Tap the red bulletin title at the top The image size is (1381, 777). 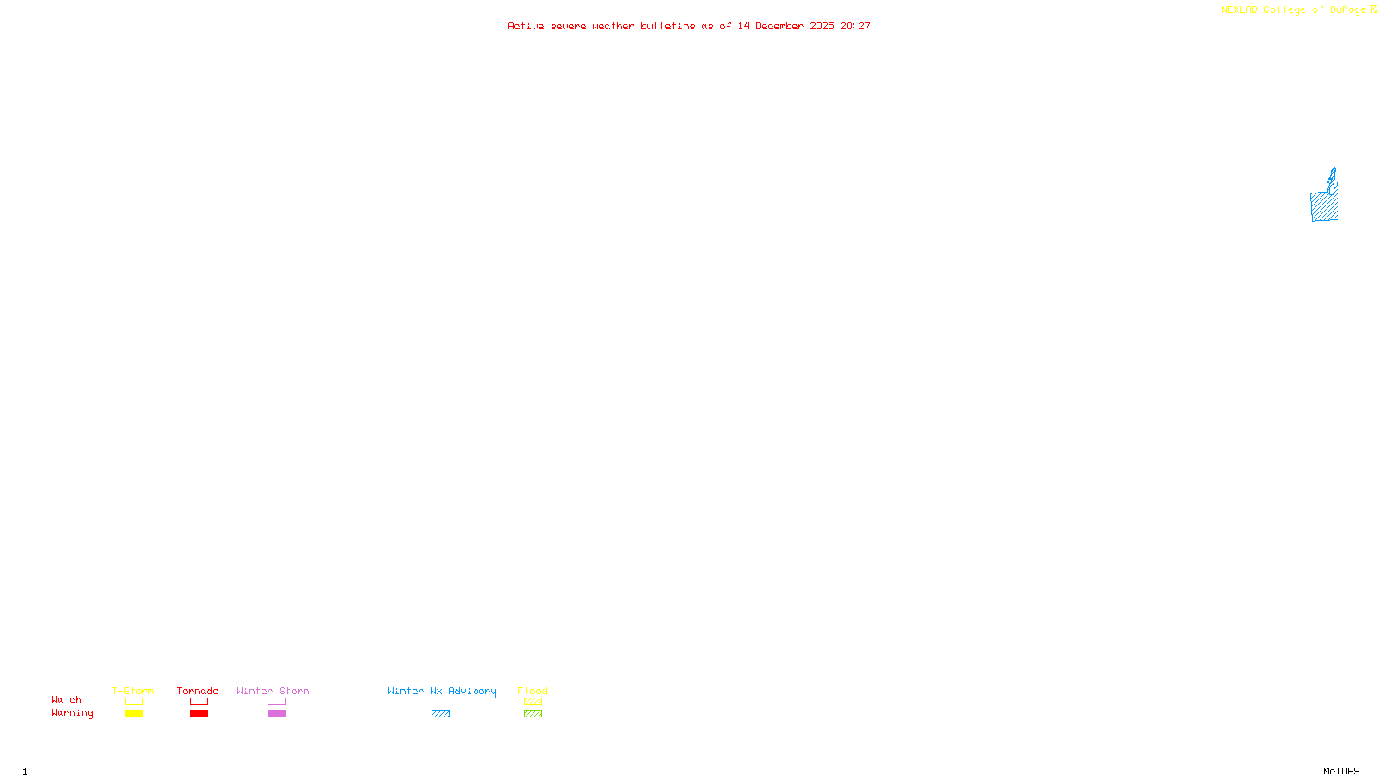688,26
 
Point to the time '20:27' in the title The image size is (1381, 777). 855,26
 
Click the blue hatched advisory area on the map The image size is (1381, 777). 1323,207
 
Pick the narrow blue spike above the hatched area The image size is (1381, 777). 1333,179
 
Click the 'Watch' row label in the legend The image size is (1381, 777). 66,699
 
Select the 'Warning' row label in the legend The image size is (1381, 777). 72,713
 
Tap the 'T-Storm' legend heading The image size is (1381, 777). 133,691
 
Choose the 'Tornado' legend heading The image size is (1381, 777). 198,691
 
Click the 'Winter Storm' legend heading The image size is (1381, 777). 273,691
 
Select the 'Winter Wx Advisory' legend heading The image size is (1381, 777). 442,691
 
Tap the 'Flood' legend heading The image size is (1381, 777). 533,691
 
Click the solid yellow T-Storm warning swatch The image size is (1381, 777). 134,714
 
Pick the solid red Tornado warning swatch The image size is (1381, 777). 199,714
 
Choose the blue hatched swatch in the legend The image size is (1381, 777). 440,714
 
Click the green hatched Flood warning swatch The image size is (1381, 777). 533,714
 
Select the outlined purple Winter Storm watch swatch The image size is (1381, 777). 276,702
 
